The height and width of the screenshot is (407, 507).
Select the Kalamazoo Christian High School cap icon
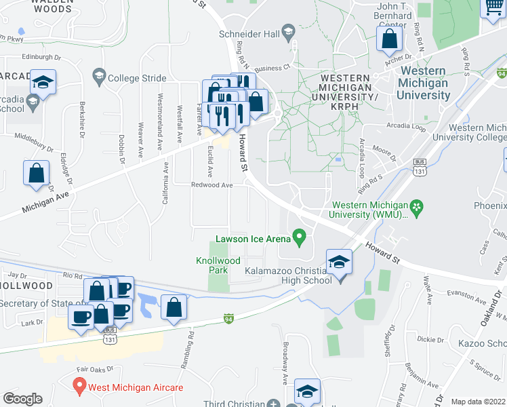(x=340, y=263)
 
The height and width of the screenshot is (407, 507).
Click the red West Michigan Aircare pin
(x=79, y=387)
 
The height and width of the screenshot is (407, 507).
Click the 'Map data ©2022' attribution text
(x=478, y=402)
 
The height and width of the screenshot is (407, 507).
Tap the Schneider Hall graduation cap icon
(x=288, y=32)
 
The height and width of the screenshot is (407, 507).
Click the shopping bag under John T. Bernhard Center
(x=390, y=40)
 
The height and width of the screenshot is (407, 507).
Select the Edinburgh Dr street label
(x=26, y=56)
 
